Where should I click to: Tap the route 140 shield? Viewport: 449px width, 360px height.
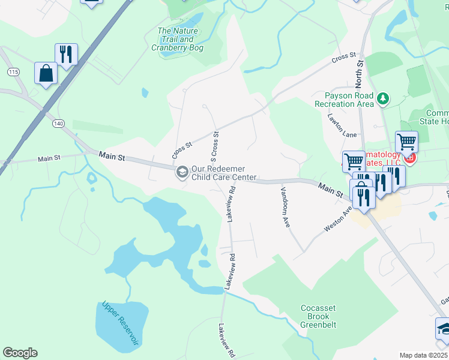pyautogui.click(x=58, y=123)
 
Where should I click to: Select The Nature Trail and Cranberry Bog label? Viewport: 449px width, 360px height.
pyautogui.click(x=177, y=39)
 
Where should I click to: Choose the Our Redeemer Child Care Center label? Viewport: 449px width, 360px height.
pyautogui.click(x=224, y=173)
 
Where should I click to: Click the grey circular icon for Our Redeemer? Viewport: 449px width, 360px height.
pyautogui.click(x=181, y=173)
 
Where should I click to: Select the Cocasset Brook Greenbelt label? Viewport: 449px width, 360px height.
pyautogui.click(x=318, y=316)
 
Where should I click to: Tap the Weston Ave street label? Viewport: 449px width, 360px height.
pyautogui.click(x=337, y=220)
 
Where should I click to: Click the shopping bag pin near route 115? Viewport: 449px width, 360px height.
pyautogui.click(x=46, y=74)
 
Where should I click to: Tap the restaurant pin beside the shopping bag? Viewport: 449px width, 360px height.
pyautogui.click(x=66, y=55)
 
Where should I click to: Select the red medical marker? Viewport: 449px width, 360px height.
pyautogui.click(x=410, y=158)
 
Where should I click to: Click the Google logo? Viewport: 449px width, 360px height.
pyautogui.click(x=20, y=353)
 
